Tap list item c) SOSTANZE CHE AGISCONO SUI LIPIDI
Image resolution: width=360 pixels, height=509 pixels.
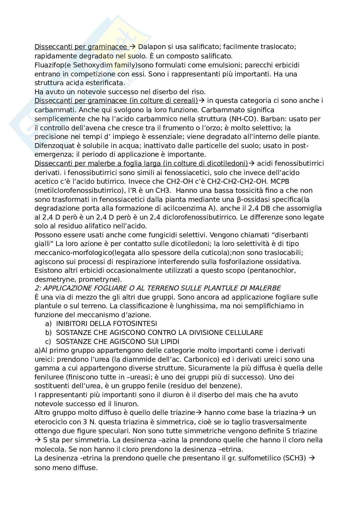117,341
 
